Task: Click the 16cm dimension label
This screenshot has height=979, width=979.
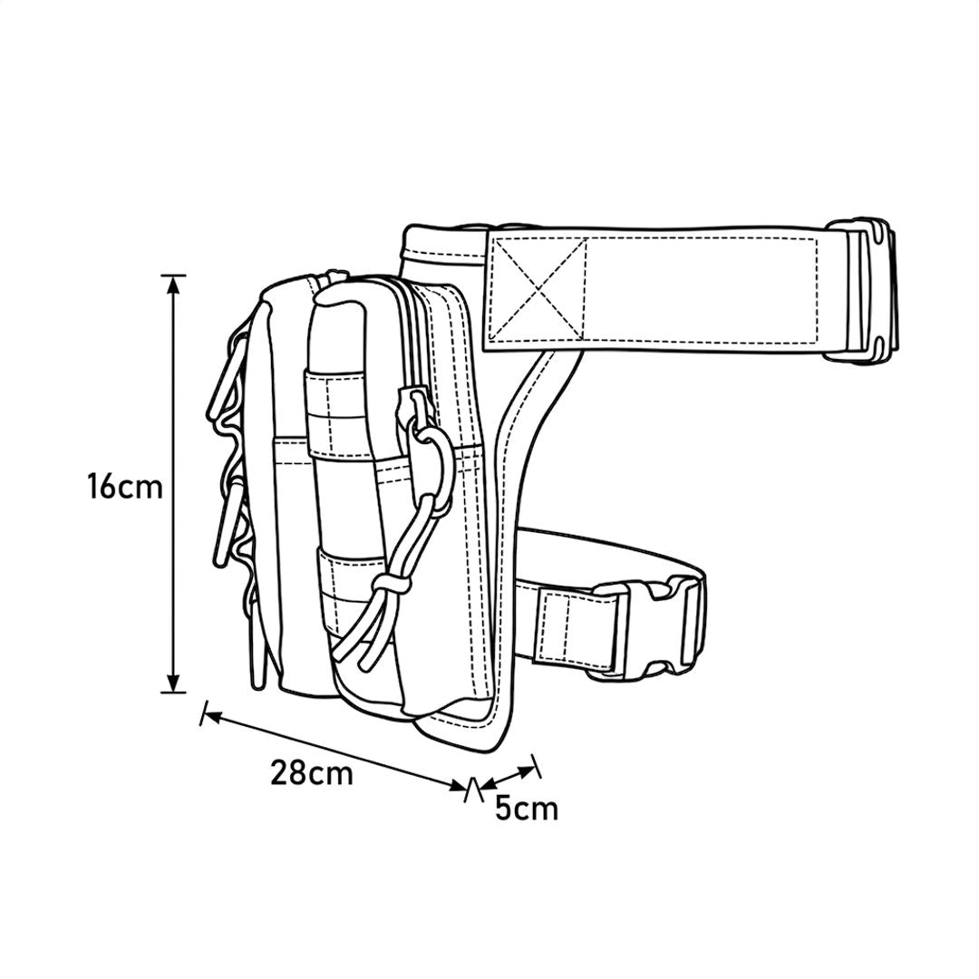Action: tap(125, 487)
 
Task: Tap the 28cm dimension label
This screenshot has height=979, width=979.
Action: tap(312, 773)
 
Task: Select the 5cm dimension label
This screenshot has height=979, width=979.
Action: tap(527, 809)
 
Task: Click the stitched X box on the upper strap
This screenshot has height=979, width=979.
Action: tap(538, 288)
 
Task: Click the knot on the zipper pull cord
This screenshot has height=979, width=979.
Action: tap(393, 584)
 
